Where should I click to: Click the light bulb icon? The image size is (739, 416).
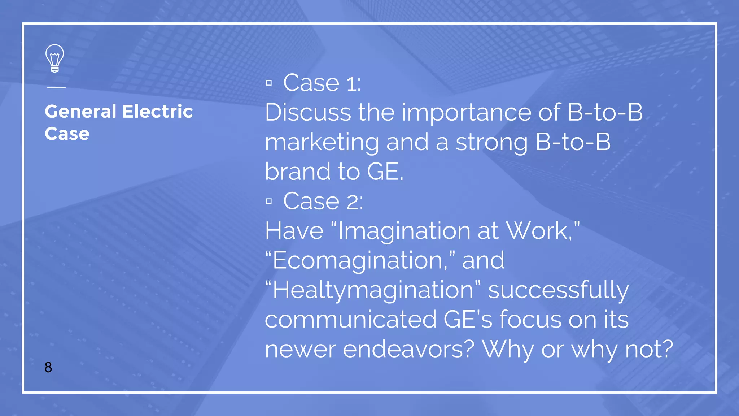point(54,58)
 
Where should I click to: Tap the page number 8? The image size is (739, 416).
point(48,367)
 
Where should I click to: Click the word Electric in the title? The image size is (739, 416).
point(158,111)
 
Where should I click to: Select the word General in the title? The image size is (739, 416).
point(80,111)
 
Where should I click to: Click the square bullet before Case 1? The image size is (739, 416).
point(269,83)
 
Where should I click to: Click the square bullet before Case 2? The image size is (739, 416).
point(269,201)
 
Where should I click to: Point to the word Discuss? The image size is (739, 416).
point(308,112)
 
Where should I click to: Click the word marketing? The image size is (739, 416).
point(322,143)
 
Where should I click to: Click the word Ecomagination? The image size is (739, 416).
point(358,261)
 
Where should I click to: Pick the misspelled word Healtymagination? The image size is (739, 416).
point(373,290)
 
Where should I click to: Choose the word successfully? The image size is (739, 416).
point(558,290)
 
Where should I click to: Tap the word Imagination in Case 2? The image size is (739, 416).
point(404,231)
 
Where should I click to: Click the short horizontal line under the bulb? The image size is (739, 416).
point(56,87)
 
